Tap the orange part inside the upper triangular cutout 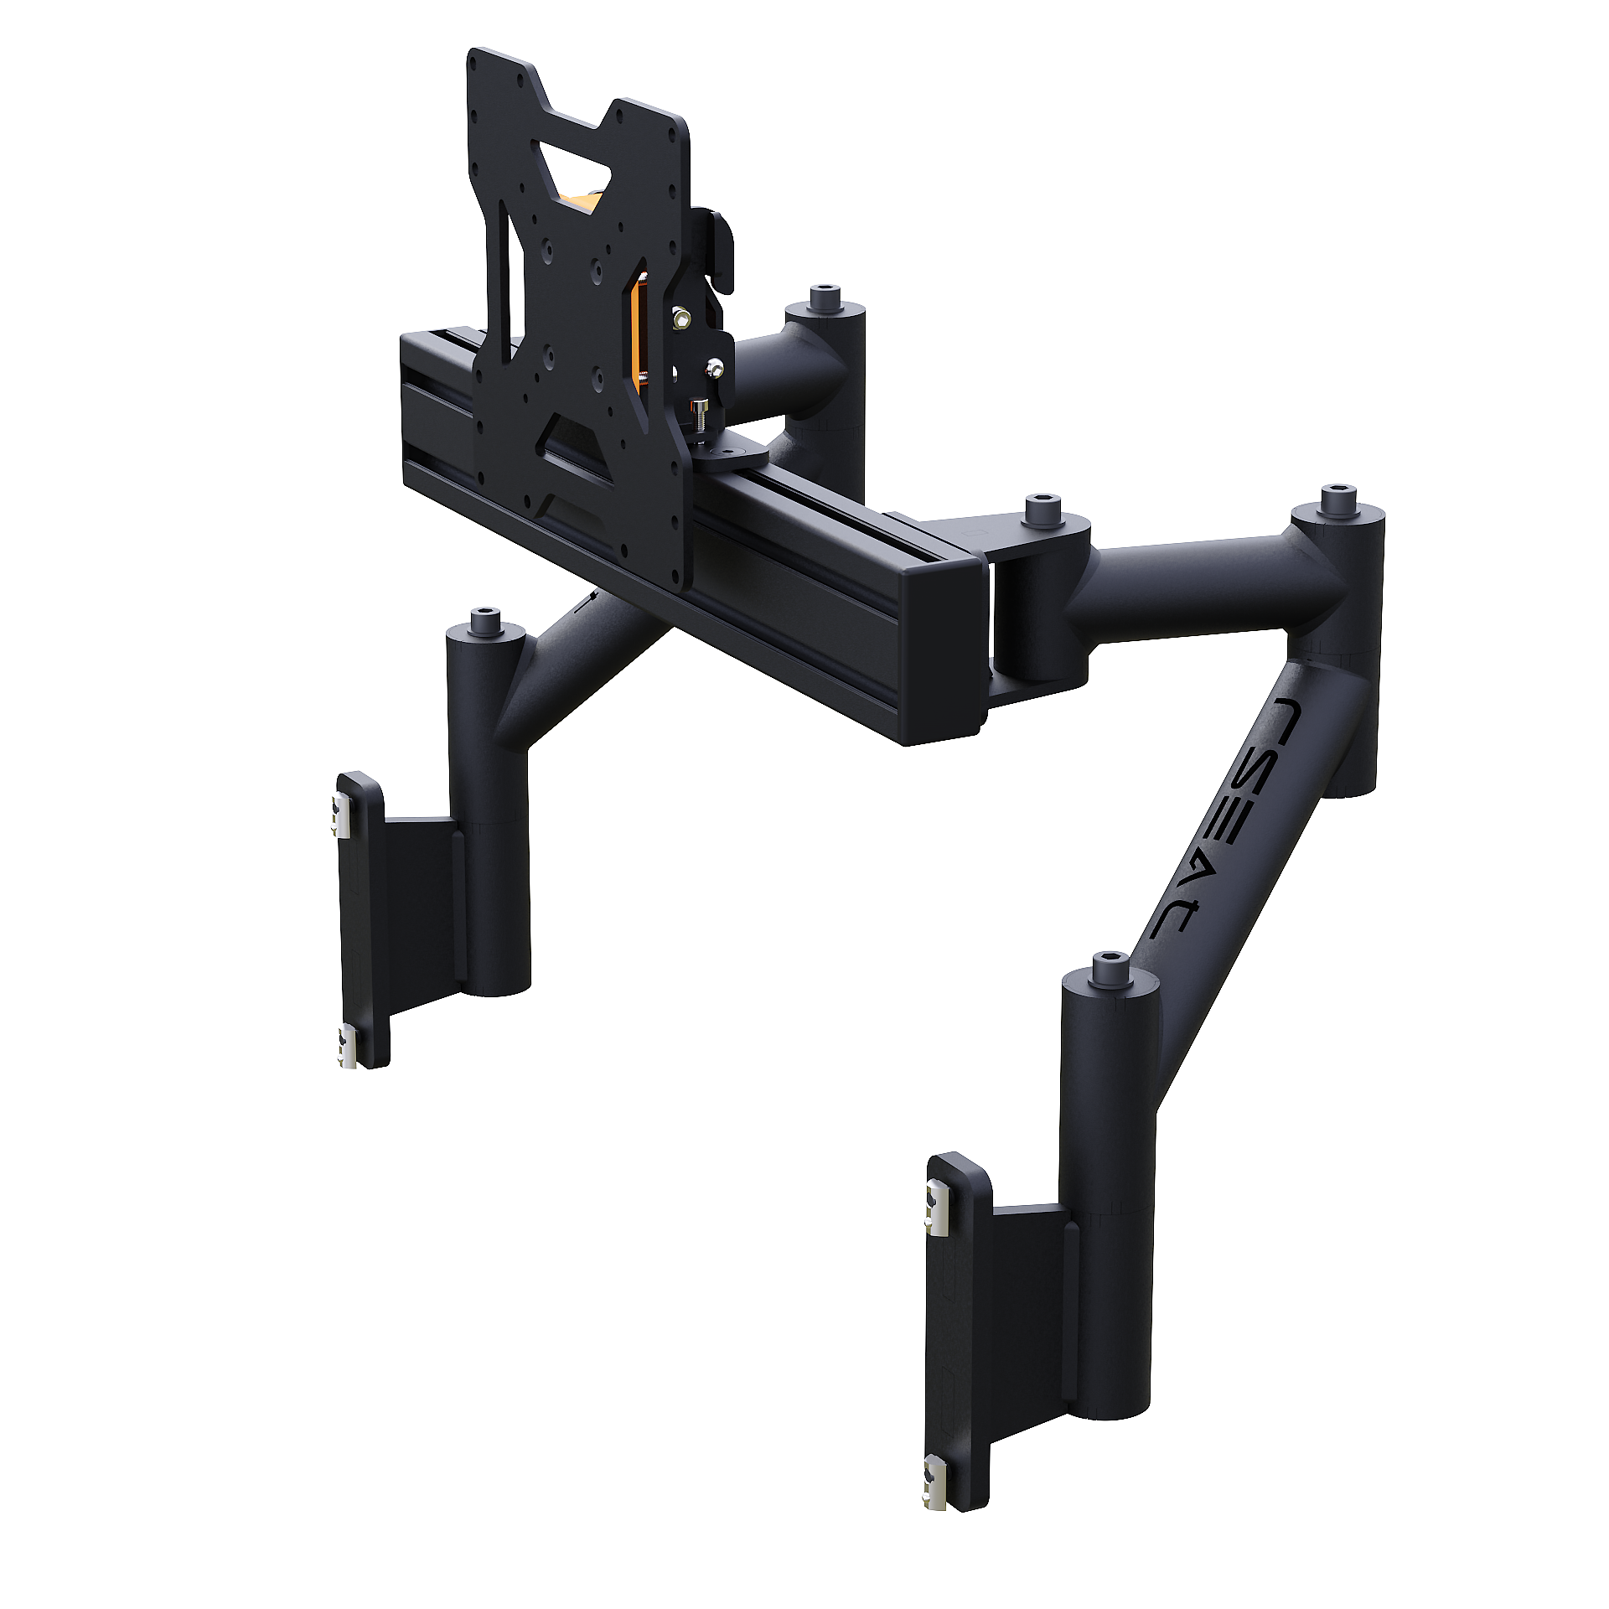click(x=579, y=202)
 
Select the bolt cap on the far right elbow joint click(x=1338, y=499)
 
